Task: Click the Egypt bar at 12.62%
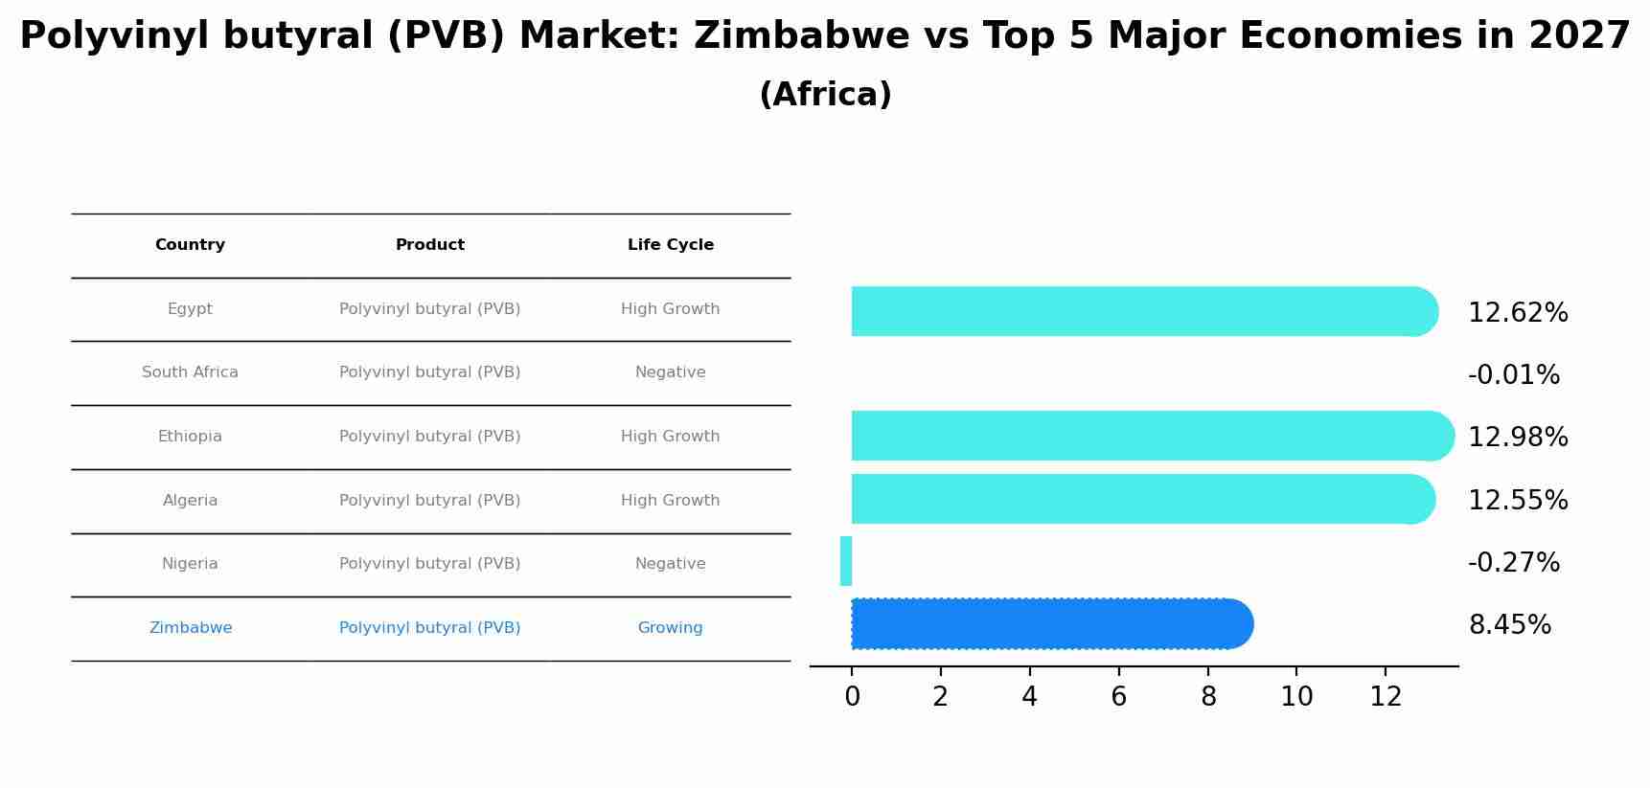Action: tap(1140, 311)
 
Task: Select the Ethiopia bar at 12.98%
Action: tap(1150, 436)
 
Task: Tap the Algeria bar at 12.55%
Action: tap(1140, 499)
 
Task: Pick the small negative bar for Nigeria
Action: tap(846, 561)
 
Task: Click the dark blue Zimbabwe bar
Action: tap(1049, 624)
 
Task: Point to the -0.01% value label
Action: tap(1514, 375)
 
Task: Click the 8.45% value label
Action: tap(1510, 625)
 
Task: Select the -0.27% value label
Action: tap(1514, 563)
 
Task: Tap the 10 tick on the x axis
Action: tap(1296, 697)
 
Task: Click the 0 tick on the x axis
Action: tap(852, 697)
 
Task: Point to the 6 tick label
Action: tap(1118, 697)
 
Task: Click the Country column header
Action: tap(190, 245)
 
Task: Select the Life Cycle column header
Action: tap(671, 245)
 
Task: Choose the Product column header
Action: tap(430, 245)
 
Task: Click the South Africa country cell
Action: tap(190, 372)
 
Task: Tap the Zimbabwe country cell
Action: tap(190, 628)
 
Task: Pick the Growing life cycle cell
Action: tap(671, 628)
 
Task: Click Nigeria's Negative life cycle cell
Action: tap(671, 564)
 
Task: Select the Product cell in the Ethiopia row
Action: tap(430, 437)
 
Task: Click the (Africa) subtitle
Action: tap(825, 95)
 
